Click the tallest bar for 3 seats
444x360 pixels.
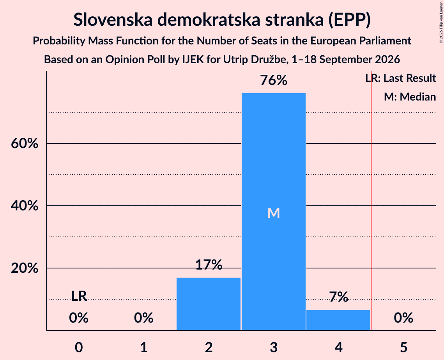pyautogui.click(x=274, y=212)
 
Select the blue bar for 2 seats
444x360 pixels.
pyautogui.click(x=209, y=304)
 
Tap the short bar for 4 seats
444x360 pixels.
pyautogui.click(x=338, y=320)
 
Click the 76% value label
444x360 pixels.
pyautogui.click(x=274, y=80)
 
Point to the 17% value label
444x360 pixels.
pyautogui.click(x=209, y=265)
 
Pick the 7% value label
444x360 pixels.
pyautogui.click(x=339, y=297)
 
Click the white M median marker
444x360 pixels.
pyautogui.click(x=274, y=213)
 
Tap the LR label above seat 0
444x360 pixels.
pyautogui.click(x=79, y=296)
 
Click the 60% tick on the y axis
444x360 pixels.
pyautogui.click(x=25, y=143)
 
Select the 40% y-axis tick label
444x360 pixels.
pyautogui.click(x=25, y=206)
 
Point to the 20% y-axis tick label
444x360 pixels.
pyautogui.click(x=25, y=268)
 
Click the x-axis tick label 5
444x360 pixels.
pyautogui.click(x=403, y=347)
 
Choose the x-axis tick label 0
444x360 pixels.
pyautogui.click(x=79, y=347)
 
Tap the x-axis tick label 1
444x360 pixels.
pyautogui.click(x=144, y=347)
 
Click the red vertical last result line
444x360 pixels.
pyautogui.click(x=371, y=200)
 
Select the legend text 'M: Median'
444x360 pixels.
pyautogui.click(x=410, y=97)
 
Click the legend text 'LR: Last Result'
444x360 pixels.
pyautogui.click(x=400, y=78)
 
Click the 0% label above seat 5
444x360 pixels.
pyautogui.click(x=403, y=318)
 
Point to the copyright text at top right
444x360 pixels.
pyautogui.click(x=441, y=22)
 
